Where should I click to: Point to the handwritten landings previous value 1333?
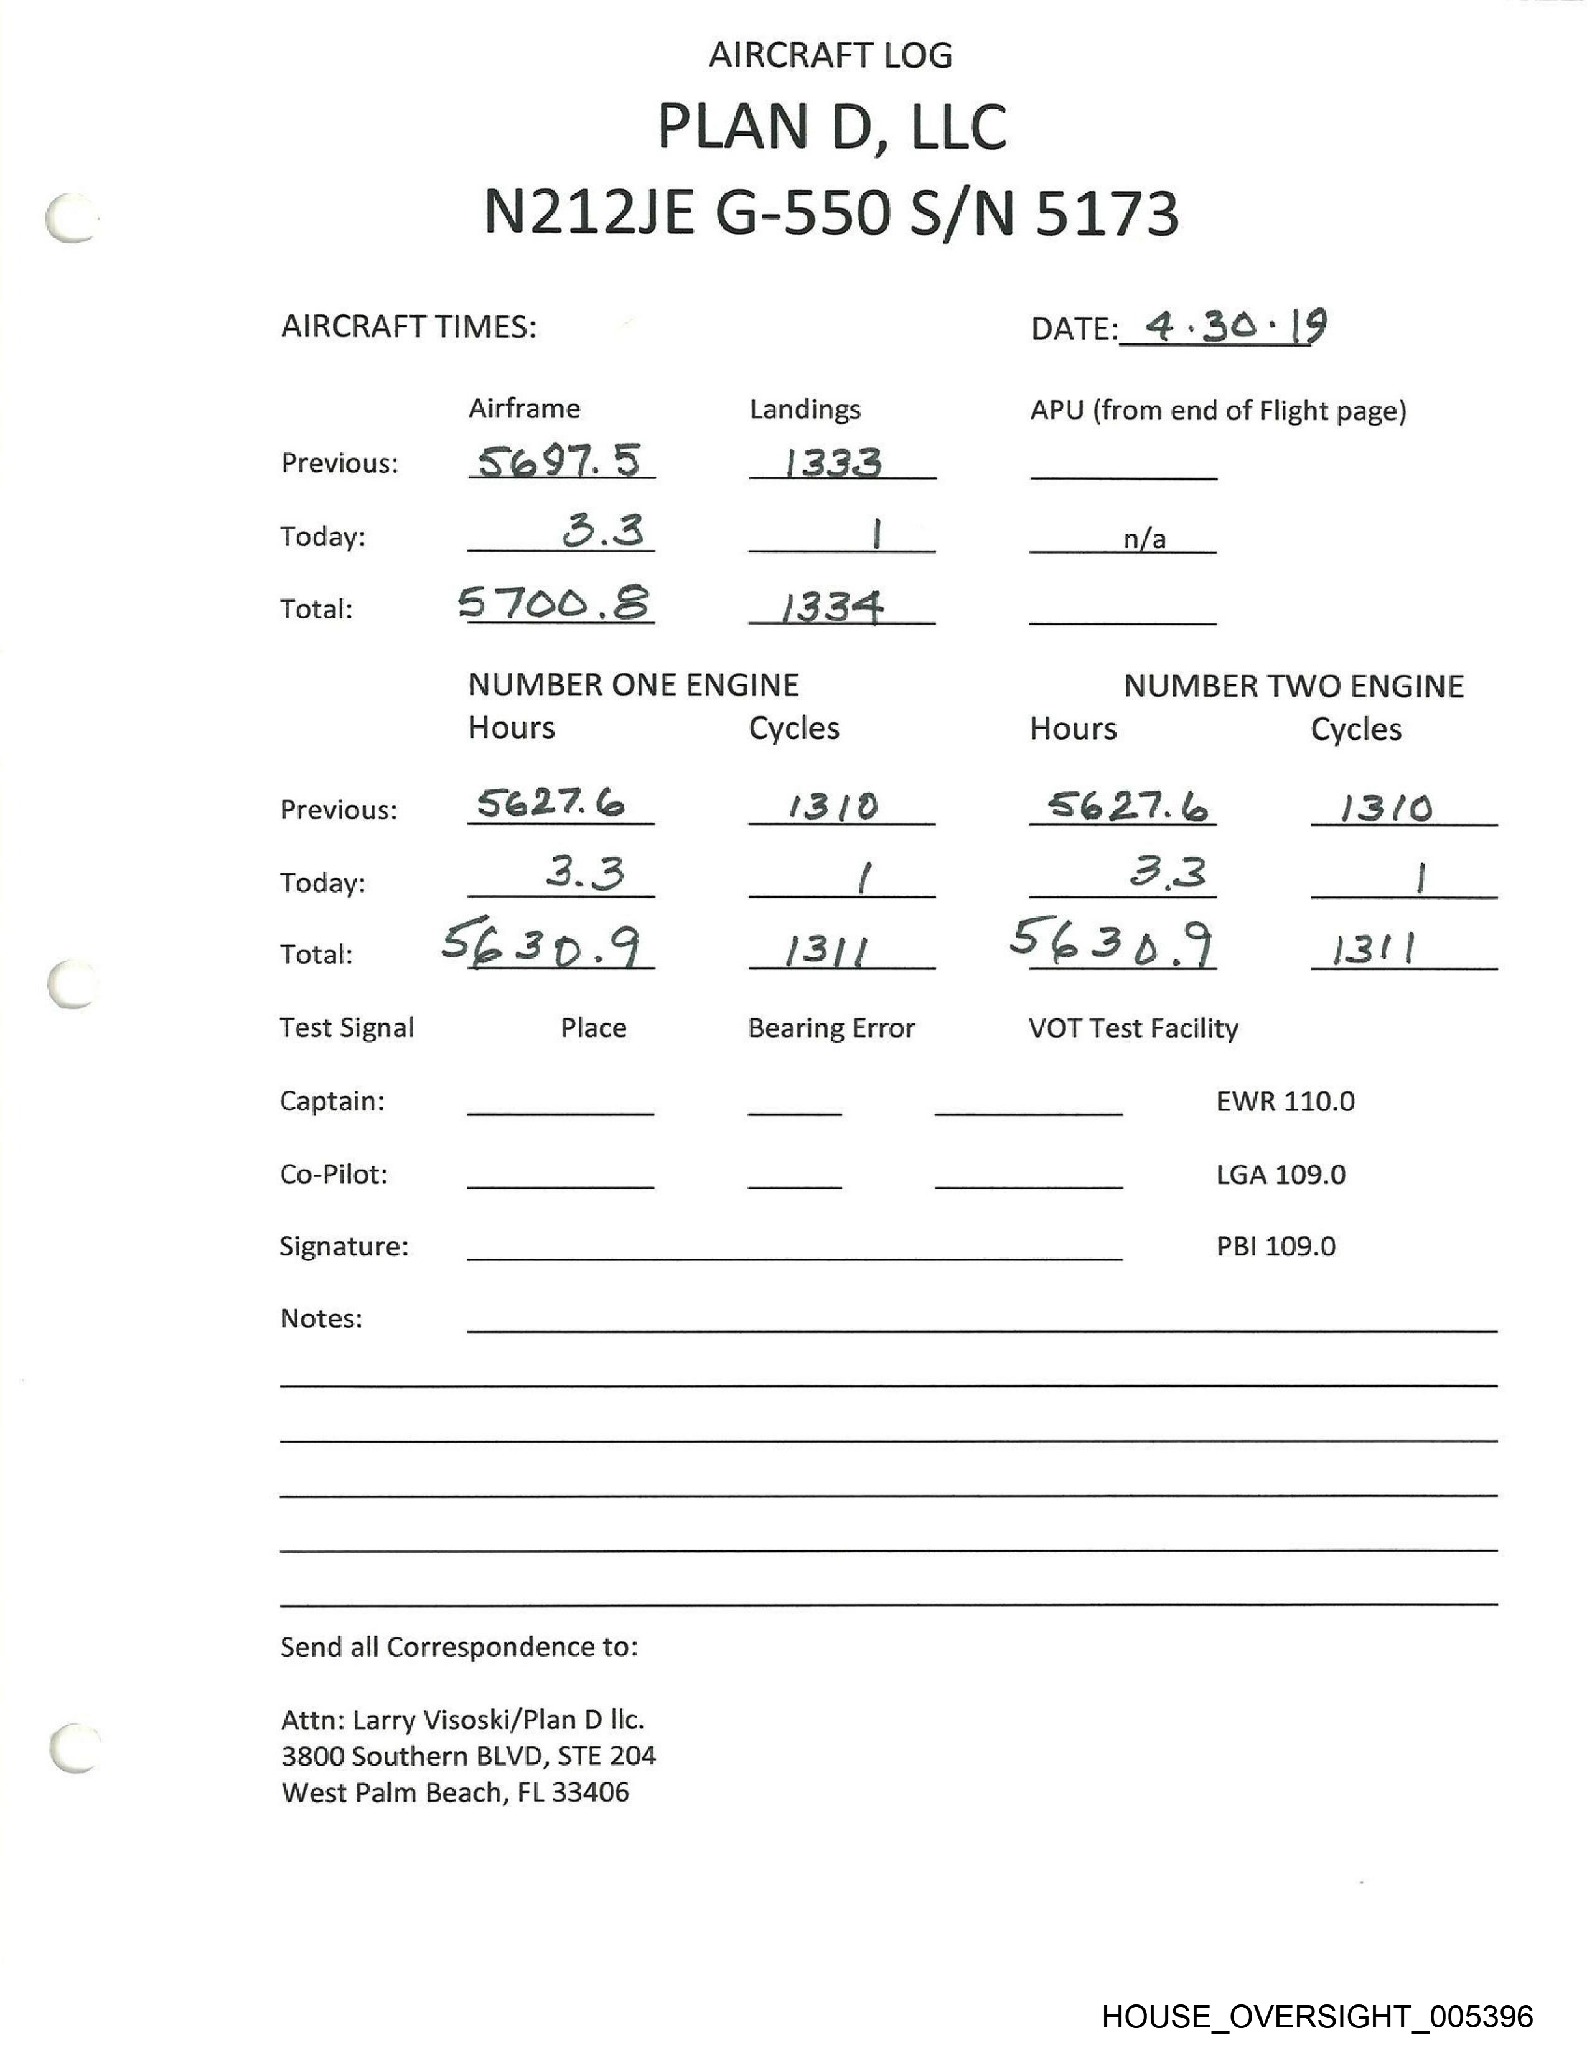click(833, 462)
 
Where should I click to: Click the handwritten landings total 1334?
click(833, 607)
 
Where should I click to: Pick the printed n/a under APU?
click(1144, 539)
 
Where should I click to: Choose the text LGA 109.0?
click(1281, 1174)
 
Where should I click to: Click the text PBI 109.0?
click(1276, 1247)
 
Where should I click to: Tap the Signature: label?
click(344, 1247)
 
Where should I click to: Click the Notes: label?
click(321, 1319)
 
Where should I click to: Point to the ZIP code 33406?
click(591, 1792)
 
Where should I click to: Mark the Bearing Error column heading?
click(831, 1028)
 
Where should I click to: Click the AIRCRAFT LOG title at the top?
click(830, 55)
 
